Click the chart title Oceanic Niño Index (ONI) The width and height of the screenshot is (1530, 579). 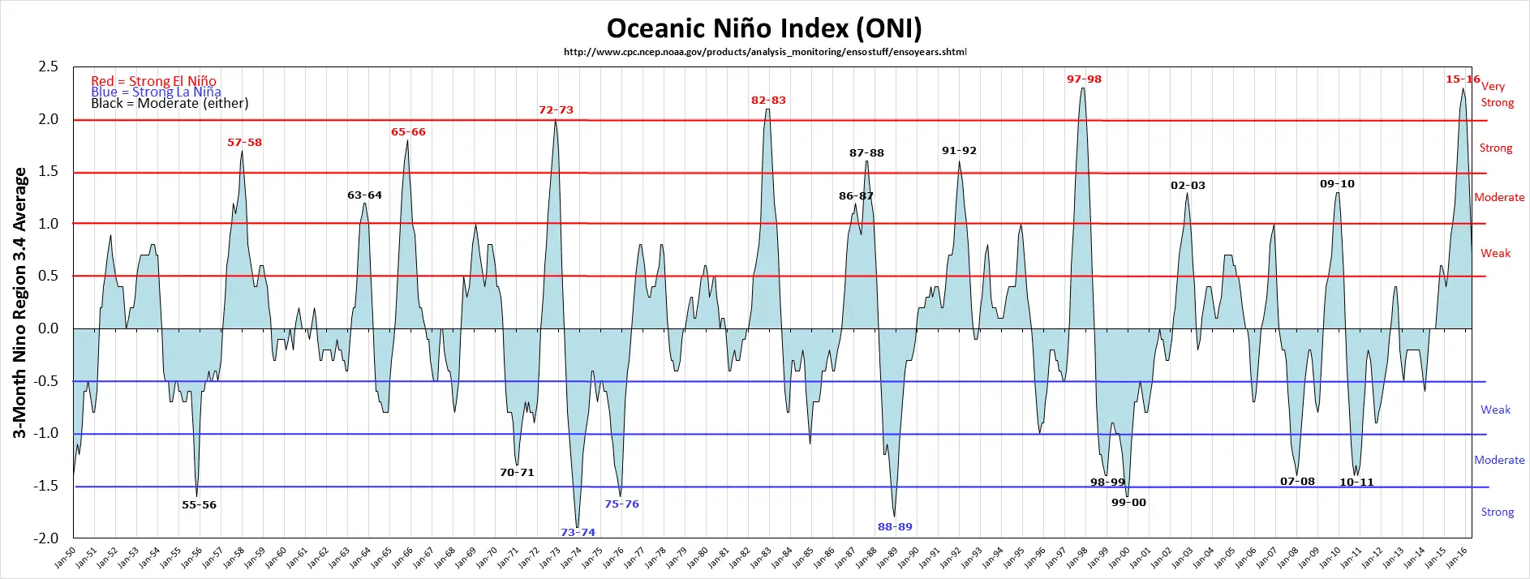[x=764, y=28]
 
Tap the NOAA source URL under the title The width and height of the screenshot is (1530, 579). [x=765, y=52]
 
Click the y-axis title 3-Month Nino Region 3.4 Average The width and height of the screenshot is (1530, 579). [x=19, y=302]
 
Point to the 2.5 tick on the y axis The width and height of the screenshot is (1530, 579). [x=49, y=67]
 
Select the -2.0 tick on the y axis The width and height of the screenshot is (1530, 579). [x=47, y=538]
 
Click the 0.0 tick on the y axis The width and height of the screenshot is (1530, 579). [x=49, y=328]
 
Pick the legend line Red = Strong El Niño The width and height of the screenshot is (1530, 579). [x=153, y=80]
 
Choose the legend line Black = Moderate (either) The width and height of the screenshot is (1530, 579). [x=170, y=103]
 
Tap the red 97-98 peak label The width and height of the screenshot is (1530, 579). [x=1084, y=79]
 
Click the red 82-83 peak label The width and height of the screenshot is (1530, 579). [x=768, y=101]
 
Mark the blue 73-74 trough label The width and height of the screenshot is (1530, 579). [x=578, y=532]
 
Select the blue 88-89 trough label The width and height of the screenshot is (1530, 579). [x=895, y=527]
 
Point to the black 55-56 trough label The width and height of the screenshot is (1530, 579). [x=199, y=504]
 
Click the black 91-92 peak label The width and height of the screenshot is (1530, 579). [x=959, y=151]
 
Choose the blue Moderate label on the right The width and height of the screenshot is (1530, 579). [x=1499, y=460]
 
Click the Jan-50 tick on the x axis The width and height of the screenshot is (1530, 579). [x=67, y=557]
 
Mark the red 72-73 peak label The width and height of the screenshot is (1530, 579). [x=556, y=110]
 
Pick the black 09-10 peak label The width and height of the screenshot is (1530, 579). [x=1337, y=184]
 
